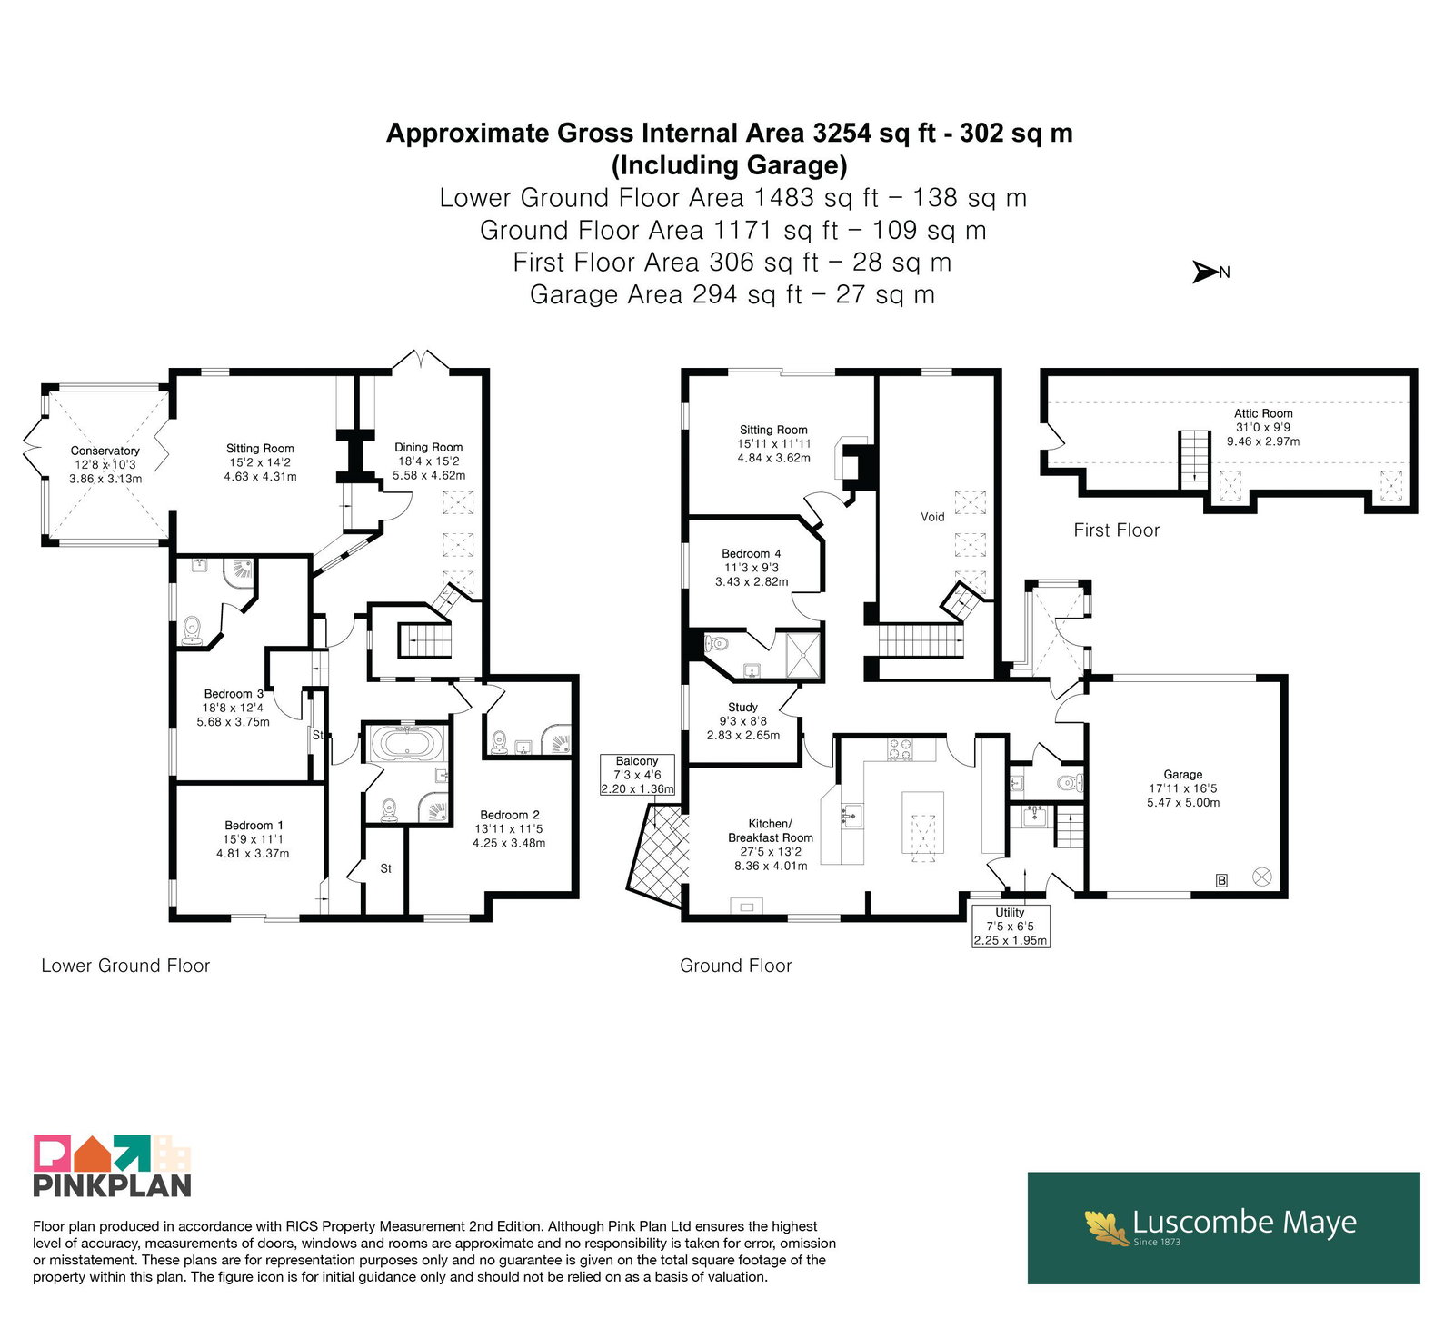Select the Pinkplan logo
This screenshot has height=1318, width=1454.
click(113, 1165)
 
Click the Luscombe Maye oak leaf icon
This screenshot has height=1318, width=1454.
click(1106, 1226)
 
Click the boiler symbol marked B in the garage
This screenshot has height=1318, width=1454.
click(1222, 879)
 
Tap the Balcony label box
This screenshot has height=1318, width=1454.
click(637, 775)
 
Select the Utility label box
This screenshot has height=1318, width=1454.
click(1010, 926)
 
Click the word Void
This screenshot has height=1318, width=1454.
click(932, 517)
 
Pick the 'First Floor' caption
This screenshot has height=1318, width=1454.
click(1117, 530)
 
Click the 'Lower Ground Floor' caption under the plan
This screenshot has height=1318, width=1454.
click(125, 966)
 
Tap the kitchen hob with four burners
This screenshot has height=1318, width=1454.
click(900, 749)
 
